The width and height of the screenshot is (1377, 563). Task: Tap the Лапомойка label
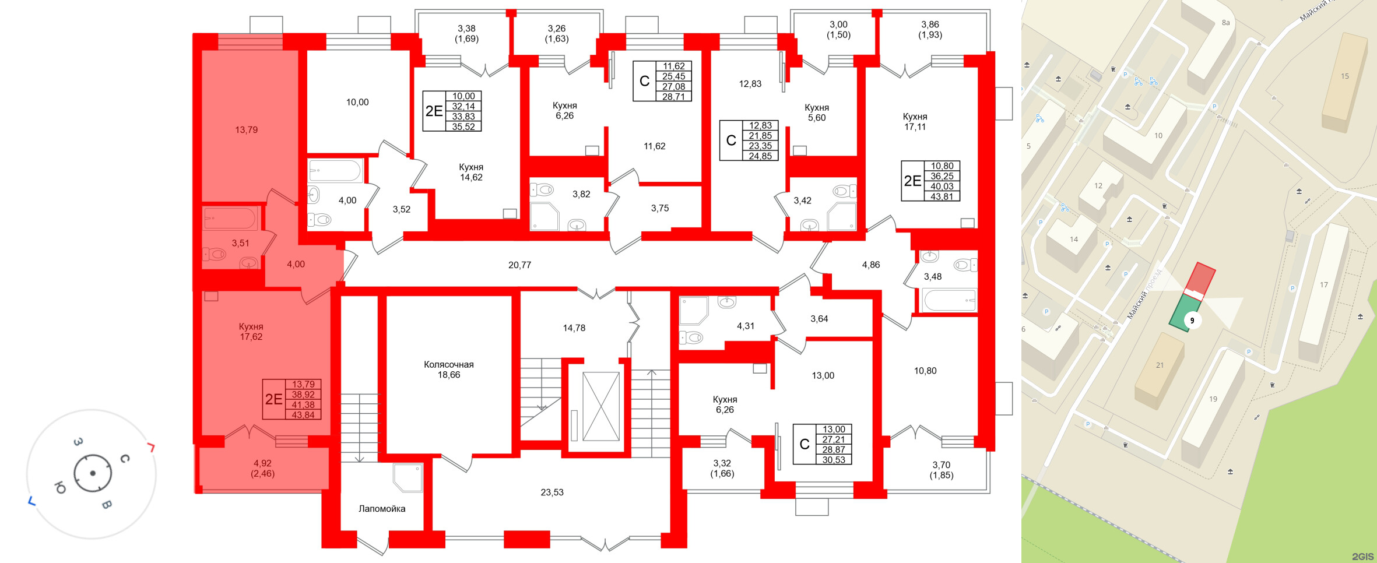(382, 509)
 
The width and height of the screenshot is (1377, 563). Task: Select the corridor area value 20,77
(519, 265)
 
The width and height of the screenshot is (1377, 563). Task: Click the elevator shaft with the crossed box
(600, 406)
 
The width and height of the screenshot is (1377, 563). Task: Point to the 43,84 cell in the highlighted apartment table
(303, 415)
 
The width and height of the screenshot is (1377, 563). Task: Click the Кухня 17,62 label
(251, 332)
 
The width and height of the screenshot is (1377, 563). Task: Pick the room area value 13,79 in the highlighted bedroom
(246, 130)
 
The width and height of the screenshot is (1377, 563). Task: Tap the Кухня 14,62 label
(471, 173)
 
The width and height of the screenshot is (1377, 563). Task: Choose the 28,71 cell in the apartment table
(673, 97)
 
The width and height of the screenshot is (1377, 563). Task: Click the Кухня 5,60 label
(817, 112)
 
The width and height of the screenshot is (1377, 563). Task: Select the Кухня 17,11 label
(915, 122)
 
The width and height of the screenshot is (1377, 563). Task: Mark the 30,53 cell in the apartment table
(834, 460)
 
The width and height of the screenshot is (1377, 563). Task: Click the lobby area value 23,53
(552, 492)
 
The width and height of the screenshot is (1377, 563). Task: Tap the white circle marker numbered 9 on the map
(1192, 321)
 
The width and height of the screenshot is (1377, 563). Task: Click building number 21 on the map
(1160, 365)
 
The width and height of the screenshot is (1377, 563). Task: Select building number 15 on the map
(1344, 76)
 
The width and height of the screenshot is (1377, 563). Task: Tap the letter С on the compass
(124, 459)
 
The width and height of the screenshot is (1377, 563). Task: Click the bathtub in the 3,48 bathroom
(949, 300)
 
